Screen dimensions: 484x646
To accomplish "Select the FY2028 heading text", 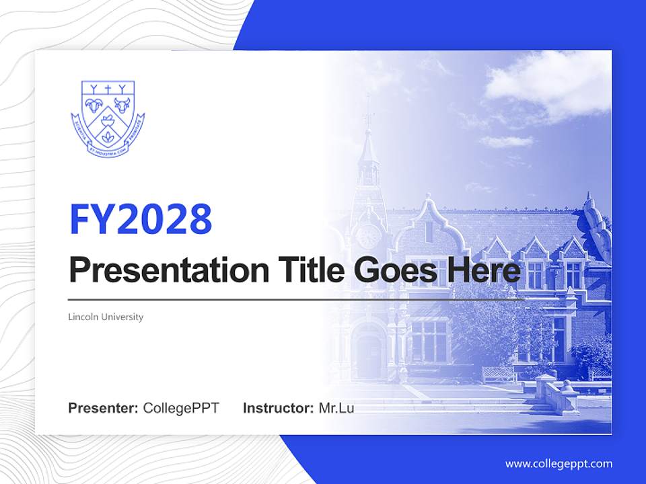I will pos(141,218).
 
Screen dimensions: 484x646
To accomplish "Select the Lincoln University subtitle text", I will pos(106,317).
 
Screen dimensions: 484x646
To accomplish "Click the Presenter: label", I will pos(104,408).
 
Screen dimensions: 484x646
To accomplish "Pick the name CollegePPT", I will pos(181,408).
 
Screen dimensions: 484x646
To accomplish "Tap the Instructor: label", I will pos(278,408).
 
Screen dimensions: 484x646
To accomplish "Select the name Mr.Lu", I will pos(336,408).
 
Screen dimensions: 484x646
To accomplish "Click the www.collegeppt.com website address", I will pos(559,464).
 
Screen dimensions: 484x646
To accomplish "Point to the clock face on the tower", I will pos(368,236).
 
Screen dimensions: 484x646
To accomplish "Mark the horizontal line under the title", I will pos(296,300).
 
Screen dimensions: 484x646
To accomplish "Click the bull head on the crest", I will pos(121,104).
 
